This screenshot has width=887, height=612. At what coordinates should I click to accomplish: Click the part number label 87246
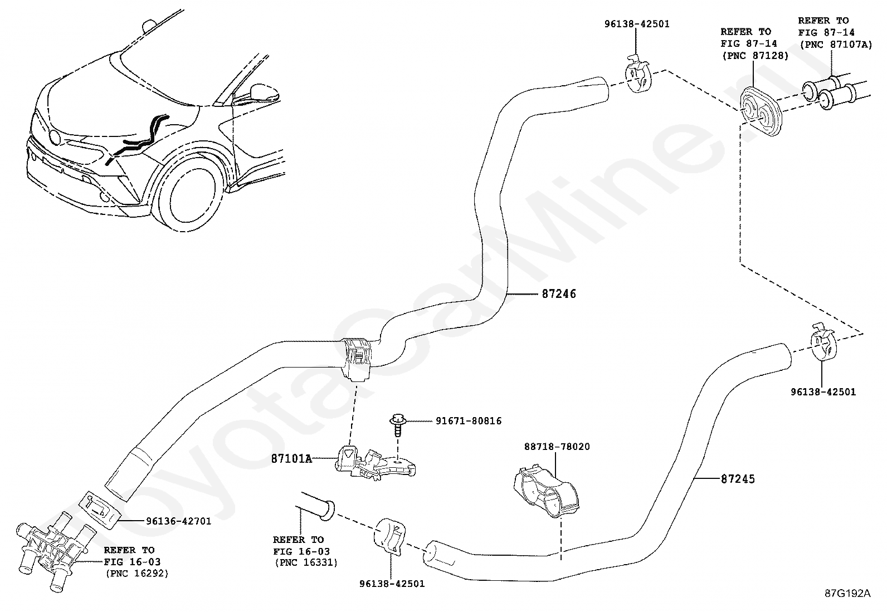coord(559,294)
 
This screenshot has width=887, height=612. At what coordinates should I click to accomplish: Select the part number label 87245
coord(738,479)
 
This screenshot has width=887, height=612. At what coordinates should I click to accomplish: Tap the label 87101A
coord(291,459)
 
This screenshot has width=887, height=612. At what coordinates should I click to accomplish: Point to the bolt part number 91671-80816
coord(469,421)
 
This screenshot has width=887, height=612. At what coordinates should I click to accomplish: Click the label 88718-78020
coord(557,447)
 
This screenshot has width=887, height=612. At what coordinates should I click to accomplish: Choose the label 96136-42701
coord(179,521)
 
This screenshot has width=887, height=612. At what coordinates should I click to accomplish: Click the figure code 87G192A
coord(847,594)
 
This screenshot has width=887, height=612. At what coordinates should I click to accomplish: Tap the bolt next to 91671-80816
coord(398,424)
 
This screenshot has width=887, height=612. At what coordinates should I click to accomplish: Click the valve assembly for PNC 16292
coord(51,550)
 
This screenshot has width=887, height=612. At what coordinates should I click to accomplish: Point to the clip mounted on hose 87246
coord(358,359)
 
